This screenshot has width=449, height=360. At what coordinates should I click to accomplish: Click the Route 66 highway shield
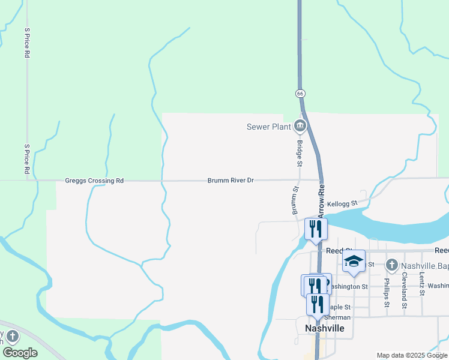[x=300, y=94]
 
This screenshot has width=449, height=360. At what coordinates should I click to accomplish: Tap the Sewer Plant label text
[x=268, y=127]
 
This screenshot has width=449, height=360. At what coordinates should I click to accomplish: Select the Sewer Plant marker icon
[x=300, y=126]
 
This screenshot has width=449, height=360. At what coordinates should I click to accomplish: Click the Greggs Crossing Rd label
[x=94, y=181]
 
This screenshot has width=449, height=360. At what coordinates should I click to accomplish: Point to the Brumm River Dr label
[x=231, y=180]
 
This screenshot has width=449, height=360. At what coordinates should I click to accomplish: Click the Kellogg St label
[x=342, y=204]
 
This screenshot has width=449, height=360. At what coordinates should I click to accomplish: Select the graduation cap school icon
[x=354, y=261]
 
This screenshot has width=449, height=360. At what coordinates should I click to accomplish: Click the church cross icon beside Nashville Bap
[x=391, y=264]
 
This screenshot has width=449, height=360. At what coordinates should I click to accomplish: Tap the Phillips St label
[x=387, y=292]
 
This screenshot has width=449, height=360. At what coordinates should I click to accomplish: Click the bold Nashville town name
[x=325, y=328]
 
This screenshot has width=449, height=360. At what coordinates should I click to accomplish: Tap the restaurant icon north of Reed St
[x=315, y=229]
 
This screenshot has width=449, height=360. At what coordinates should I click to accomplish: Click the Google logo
[x=20, y=353]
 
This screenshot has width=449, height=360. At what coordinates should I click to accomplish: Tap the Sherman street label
[x=337, y=317]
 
